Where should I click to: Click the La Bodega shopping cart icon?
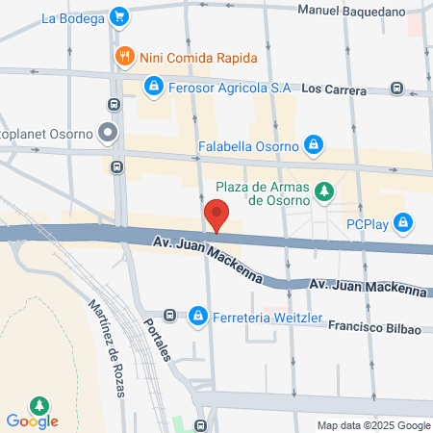tap(118, 16)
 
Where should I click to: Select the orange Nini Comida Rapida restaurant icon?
tap(123, 57)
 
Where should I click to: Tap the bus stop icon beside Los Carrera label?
tap(398, 88)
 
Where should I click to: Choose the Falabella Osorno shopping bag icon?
tap(312, 145)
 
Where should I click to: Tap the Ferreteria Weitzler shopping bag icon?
tap(198, 315)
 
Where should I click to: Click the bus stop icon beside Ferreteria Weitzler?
tap(170, 315)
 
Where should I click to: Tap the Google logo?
tap(32, 420)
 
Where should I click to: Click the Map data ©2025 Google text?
tap(374, 425)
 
